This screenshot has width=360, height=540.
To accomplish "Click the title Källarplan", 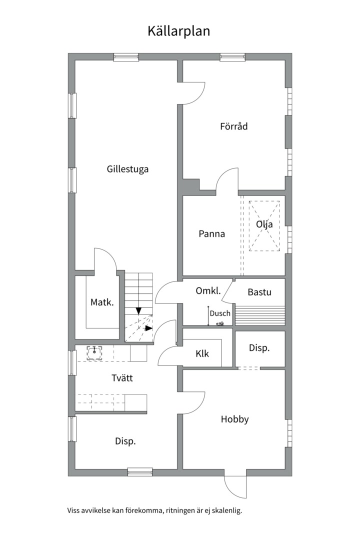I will pos(178,31).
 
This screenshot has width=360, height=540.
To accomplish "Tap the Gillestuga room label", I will pos(127,169).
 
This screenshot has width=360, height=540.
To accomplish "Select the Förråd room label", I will pos(233,126).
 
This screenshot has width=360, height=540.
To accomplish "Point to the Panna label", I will pos(211,233).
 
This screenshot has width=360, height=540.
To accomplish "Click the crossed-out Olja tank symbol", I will pos(264,225).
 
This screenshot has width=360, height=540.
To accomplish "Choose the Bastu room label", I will pos(259,292).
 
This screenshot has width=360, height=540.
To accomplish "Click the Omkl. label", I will pos(208,291).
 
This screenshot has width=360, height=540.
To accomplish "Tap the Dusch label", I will pos(220,313).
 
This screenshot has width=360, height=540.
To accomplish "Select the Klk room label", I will pos(202,354).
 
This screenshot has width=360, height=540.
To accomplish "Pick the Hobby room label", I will pos(234,419).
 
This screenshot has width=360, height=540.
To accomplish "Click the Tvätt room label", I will pos(122,378).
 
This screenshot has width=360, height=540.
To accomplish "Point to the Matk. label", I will pos(102,302).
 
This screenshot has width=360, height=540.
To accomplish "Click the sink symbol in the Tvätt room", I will pos(94,352).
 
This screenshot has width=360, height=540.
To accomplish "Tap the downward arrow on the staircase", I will pos(138,311).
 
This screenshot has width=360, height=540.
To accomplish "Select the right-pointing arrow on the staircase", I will pos(148,328).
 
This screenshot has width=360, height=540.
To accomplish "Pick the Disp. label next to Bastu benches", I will pos(259,348).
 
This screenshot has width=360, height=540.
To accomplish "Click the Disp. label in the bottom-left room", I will pos(125,441).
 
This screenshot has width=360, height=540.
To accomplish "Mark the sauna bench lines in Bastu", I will pos(259,315).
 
